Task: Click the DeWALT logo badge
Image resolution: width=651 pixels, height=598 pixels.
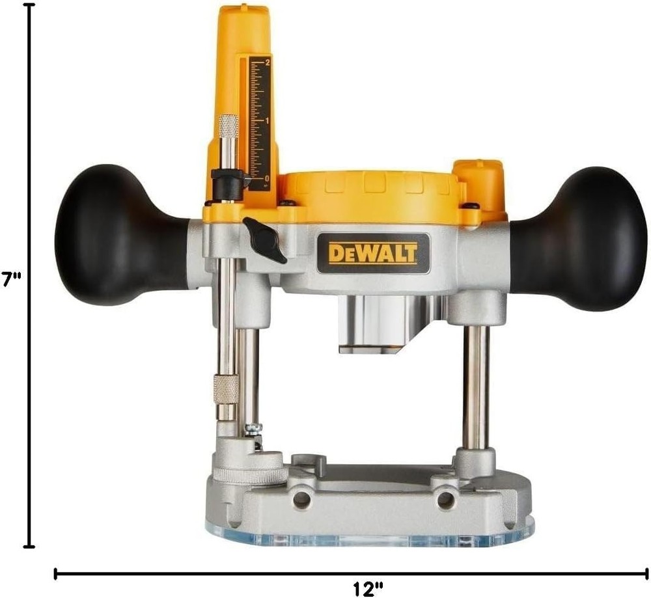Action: pos(373,252)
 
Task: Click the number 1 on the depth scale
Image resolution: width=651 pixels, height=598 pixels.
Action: pos(268,121)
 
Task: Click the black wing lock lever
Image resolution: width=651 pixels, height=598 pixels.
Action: pos(264,238)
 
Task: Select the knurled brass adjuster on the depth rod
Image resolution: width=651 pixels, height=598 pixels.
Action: pos(226,389)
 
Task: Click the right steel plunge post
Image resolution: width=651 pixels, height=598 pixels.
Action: pos(475,387)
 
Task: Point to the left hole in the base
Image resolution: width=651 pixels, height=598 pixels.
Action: pos(301,499)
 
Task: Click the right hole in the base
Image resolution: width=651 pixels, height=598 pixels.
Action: pos(445,500)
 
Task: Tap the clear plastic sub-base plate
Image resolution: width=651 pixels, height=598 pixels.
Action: pos(371,537)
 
